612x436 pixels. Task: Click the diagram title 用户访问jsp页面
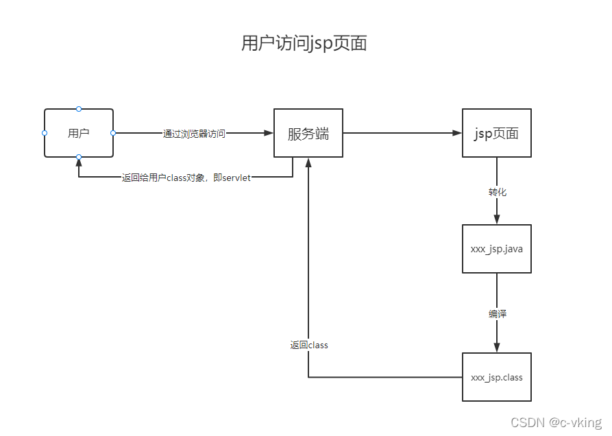click(304, 43)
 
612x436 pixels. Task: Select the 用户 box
click(79, 133)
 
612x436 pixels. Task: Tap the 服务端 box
click(308, 133)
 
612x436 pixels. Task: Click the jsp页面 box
click(496, 133)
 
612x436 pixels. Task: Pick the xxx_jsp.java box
click(496, 249)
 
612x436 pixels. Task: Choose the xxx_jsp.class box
click(496, 377)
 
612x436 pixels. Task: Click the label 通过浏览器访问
click(194, 134)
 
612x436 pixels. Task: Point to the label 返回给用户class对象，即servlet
click(186, 178)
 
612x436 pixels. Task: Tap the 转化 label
click(497, 192)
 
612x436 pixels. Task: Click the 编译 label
click(497, 314)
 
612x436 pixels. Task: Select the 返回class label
click(308, 345)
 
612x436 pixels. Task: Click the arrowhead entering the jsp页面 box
click(457, 133)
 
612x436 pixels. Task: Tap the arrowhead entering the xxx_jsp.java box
click(497, 219)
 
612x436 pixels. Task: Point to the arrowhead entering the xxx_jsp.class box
click(497, 347)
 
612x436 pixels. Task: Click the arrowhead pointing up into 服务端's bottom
click(308, 162)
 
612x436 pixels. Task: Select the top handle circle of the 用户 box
click(79, 108)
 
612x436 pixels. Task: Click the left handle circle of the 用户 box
click(45, 132)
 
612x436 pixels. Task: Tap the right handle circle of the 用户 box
click(113, 132)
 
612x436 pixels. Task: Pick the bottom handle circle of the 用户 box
click(79, 157)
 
